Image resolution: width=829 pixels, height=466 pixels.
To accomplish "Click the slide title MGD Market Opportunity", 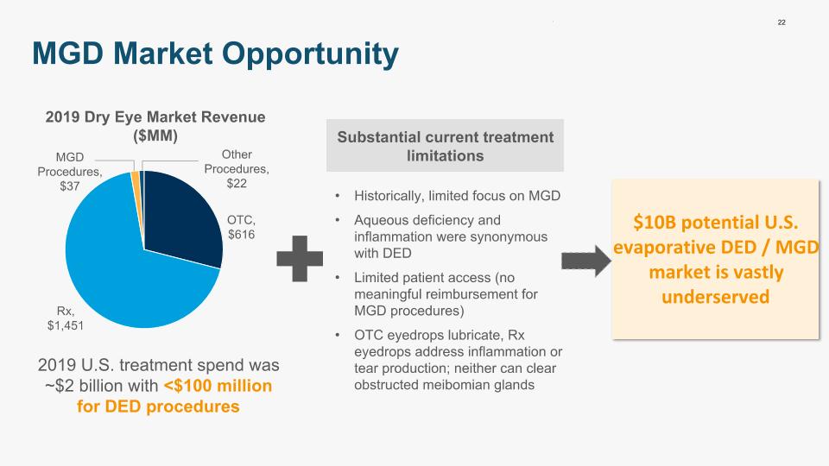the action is [215, 54].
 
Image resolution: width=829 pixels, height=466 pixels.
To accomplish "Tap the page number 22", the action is [782, 22].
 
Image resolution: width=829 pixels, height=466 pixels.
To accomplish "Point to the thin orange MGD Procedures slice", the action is [136, 190].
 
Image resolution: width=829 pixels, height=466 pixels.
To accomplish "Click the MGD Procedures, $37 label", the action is [69, 172].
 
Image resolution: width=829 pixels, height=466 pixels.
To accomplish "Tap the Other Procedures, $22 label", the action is [237, 169].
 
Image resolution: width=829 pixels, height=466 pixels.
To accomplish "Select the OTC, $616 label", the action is [241, 227].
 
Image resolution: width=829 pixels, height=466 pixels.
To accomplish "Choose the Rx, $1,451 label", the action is [66, 318].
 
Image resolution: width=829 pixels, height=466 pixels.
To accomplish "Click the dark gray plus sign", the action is [300, 258].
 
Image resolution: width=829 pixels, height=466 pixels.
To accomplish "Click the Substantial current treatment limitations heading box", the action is [446, 146].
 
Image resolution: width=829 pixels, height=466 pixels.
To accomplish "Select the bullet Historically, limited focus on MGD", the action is [457, 196].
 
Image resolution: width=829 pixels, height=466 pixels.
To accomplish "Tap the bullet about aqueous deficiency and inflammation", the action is [451, 236].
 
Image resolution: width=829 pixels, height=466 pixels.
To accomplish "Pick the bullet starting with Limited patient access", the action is [446, 294].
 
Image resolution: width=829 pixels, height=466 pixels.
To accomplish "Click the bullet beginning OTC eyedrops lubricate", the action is [458, 360].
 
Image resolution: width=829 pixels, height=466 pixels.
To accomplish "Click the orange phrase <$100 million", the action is [218, 386].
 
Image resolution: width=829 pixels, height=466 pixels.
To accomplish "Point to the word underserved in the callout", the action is [715, 297].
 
